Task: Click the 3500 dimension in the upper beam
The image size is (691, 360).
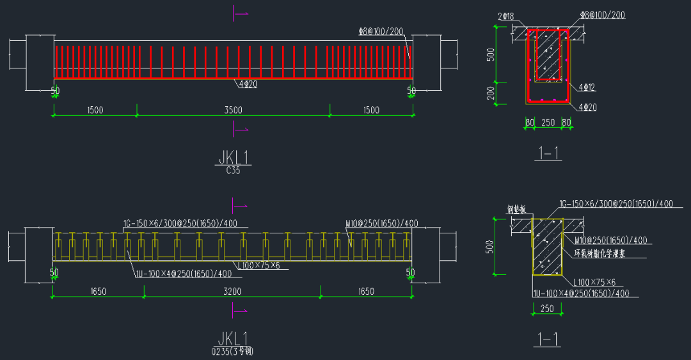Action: click(x=233, y=110)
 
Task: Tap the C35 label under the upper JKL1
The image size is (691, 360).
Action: click(x=233, y=171)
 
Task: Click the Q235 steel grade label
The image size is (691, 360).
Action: click(x=236, y=351)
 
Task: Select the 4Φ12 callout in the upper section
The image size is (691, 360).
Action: click(x=587, y=87)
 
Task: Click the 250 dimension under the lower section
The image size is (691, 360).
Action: click(x=548, y=309)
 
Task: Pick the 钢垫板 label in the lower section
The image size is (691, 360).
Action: click(x=516, y=209)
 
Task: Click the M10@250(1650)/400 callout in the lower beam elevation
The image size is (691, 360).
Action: click(x=381, y=224)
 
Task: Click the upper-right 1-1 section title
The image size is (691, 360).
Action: click(x=549, y=153)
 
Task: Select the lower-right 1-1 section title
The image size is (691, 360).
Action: click(x=548, y=338)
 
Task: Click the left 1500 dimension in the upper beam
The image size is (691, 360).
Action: click(x=95, y=110)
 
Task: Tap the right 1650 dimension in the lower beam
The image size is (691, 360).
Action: click(x=366, y=292)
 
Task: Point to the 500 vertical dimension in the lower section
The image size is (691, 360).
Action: click(x=491, y=246)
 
